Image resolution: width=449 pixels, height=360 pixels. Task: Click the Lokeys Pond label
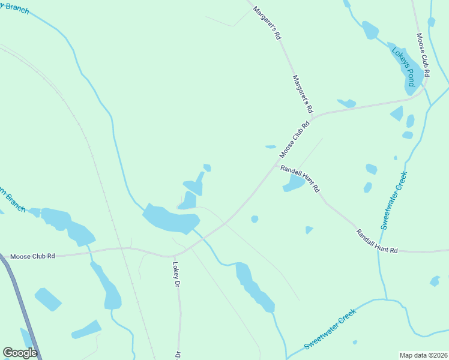point(403,67)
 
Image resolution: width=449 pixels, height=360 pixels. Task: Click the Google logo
point(20,353)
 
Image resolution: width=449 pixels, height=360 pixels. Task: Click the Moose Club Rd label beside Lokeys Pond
point(423,55)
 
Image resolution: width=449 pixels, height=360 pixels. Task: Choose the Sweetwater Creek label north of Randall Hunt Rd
point(393,201)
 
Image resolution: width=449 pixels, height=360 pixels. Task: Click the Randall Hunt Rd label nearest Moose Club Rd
point(300,178)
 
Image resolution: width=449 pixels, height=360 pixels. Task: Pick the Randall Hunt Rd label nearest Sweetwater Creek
point(377,241)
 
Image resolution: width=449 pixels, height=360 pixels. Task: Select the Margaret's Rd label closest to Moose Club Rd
point(303,94)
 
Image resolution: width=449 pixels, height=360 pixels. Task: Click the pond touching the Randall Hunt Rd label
point(294,184)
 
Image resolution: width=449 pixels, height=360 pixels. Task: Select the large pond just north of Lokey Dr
point(168,218)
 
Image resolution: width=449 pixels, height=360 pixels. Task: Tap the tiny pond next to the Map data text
point(355,343)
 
